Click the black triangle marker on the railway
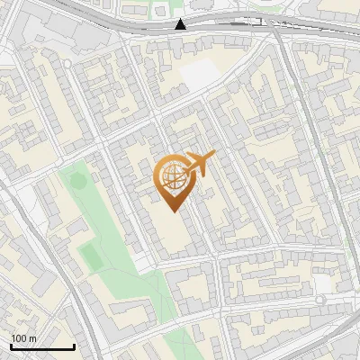181,23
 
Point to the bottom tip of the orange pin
174,211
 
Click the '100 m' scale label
23,338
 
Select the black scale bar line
42,347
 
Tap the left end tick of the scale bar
12,346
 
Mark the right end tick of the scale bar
74,346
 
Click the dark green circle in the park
78,181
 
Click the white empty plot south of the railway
199,75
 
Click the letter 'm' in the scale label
32,338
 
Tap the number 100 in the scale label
19,338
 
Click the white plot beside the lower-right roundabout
321,284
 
